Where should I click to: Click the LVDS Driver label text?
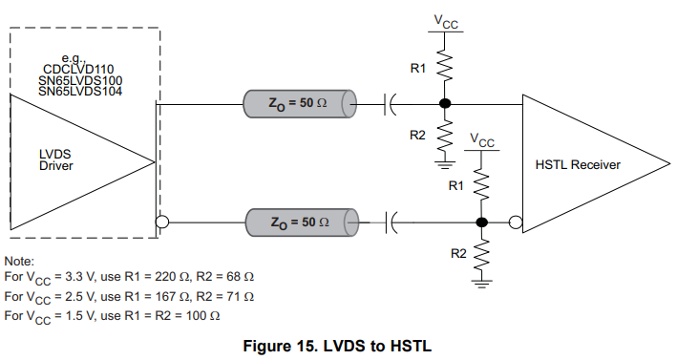[x=55, y=159]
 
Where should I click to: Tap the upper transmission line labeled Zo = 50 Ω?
[x=298, y=101]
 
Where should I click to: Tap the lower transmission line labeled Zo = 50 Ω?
[x=298, y=222]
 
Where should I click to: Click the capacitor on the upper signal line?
[x=389, y=101]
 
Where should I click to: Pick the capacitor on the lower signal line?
[x=389, y=222]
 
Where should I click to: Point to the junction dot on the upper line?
[x=444, y=101]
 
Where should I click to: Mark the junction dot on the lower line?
[x=482, y=222]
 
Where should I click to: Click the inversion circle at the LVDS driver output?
[x=161, y=222]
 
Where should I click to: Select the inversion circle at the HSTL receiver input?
[x=516, y=222]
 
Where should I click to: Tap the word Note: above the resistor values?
[x=19, y=261]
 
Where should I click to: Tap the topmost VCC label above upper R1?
[x=445, y=19]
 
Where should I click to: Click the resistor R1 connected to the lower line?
[x=482, y=186]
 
